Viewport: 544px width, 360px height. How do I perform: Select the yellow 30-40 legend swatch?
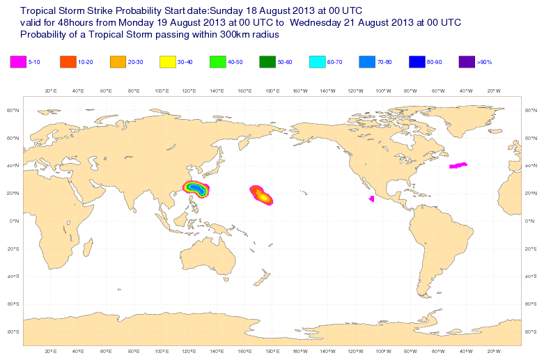click(x=168, y=62)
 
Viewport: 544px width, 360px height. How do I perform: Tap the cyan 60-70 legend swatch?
click(x=317, y=62)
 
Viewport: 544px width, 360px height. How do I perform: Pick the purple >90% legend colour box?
click(x=467, y=62)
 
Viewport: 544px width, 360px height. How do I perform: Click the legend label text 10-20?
click(x=86, y=63)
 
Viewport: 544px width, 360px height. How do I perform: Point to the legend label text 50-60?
click(x=285, y=63)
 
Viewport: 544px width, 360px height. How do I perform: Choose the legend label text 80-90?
click(x=434, y=63)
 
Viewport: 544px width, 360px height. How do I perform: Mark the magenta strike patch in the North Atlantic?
click(x=458, y=165)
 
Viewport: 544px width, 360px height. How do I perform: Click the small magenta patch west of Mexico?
click(x=371, y=199)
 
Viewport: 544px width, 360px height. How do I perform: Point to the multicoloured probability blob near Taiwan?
click(x=196, y=189)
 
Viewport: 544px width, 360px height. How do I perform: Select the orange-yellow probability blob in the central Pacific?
click(x=261, y=196)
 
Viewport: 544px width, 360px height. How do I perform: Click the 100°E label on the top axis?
click(x=161, y=91)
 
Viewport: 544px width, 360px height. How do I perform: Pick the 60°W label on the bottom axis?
click(x=437, y=351)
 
